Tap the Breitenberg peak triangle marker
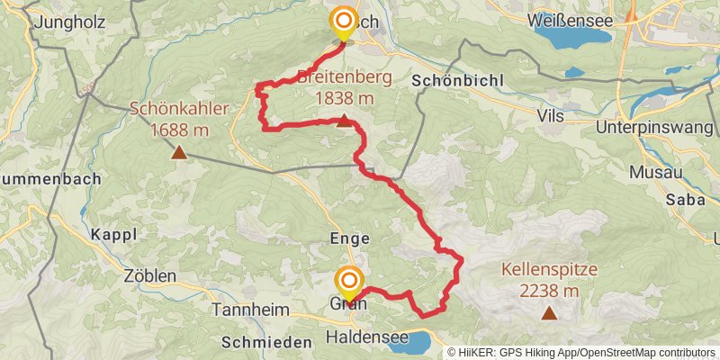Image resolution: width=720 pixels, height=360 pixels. pyautogui.click(x=344, y=121)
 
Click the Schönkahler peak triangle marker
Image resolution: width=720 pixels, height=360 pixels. pyautogui.click(x=180, y=153)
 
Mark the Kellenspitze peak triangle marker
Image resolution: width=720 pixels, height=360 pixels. pyautogui.click(x=549, y=313)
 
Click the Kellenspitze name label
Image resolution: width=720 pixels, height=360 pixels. pyautogui.click(x=549, y=269)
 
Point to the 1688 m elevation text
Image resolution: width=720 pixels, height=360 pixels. pyautogui.click(x=180, y=130)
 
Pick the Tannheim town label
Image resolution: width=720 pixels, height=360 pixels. pyautogui.click(x=246, y=310)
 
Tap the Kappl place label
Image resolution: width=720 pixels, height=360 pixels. pyautogui.click(x=113, y=234)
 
